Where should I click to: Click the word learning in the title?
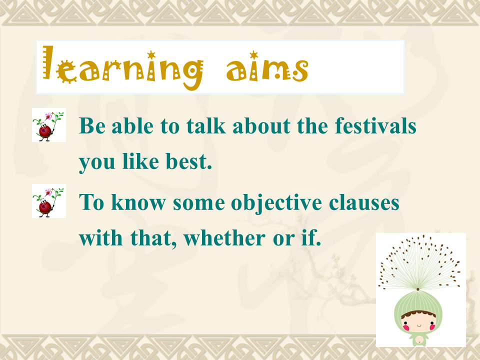[123, 68]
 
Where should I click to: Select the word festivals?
[375, 125]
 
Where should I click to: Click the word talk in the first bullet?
[206, 125]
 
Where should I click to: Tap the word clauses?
[364, 202]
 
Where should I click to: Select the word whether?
[224, 237]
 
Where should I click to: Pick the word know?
[138, 202]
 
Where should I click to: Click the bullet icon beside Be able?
[49, 125]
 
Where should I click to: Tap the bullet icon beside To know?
[49, 201]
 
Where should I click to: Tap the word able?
[132, 125]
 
